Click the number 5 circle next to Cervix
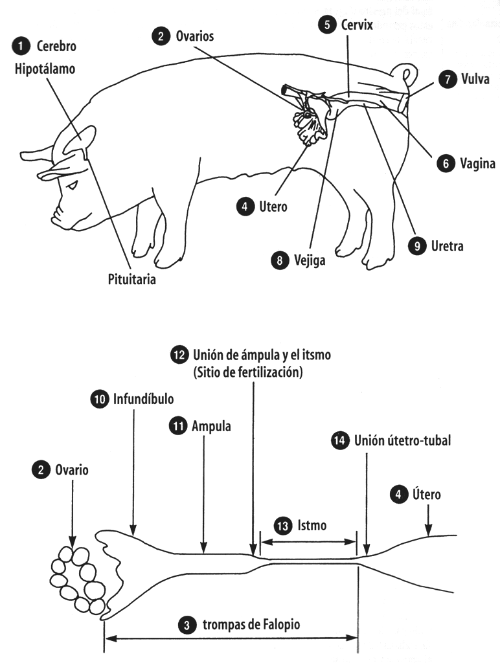pos(327,25)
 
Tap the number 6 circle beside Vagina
pos(446,164)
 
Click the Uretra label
pos(447,246)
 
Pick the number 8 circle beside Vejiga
pos(279,261)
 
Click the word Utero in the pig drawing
pos(272,207)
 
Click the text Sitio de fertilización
pos(249,374)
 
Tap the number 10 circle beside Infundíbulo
pos(98,399)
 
